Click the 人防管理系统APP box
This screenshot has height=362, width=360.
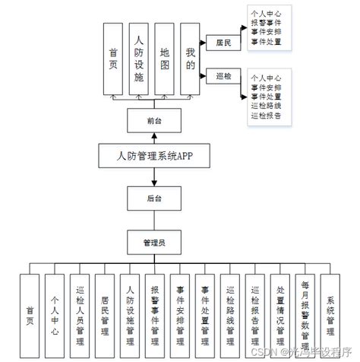pos(154,157)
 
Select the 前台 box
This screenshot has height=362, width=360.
pos(154,120)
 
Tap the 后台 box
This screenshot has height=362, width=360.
pos(154,198)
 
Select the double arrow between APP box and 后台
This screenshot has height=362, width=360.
pos(154,176)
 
